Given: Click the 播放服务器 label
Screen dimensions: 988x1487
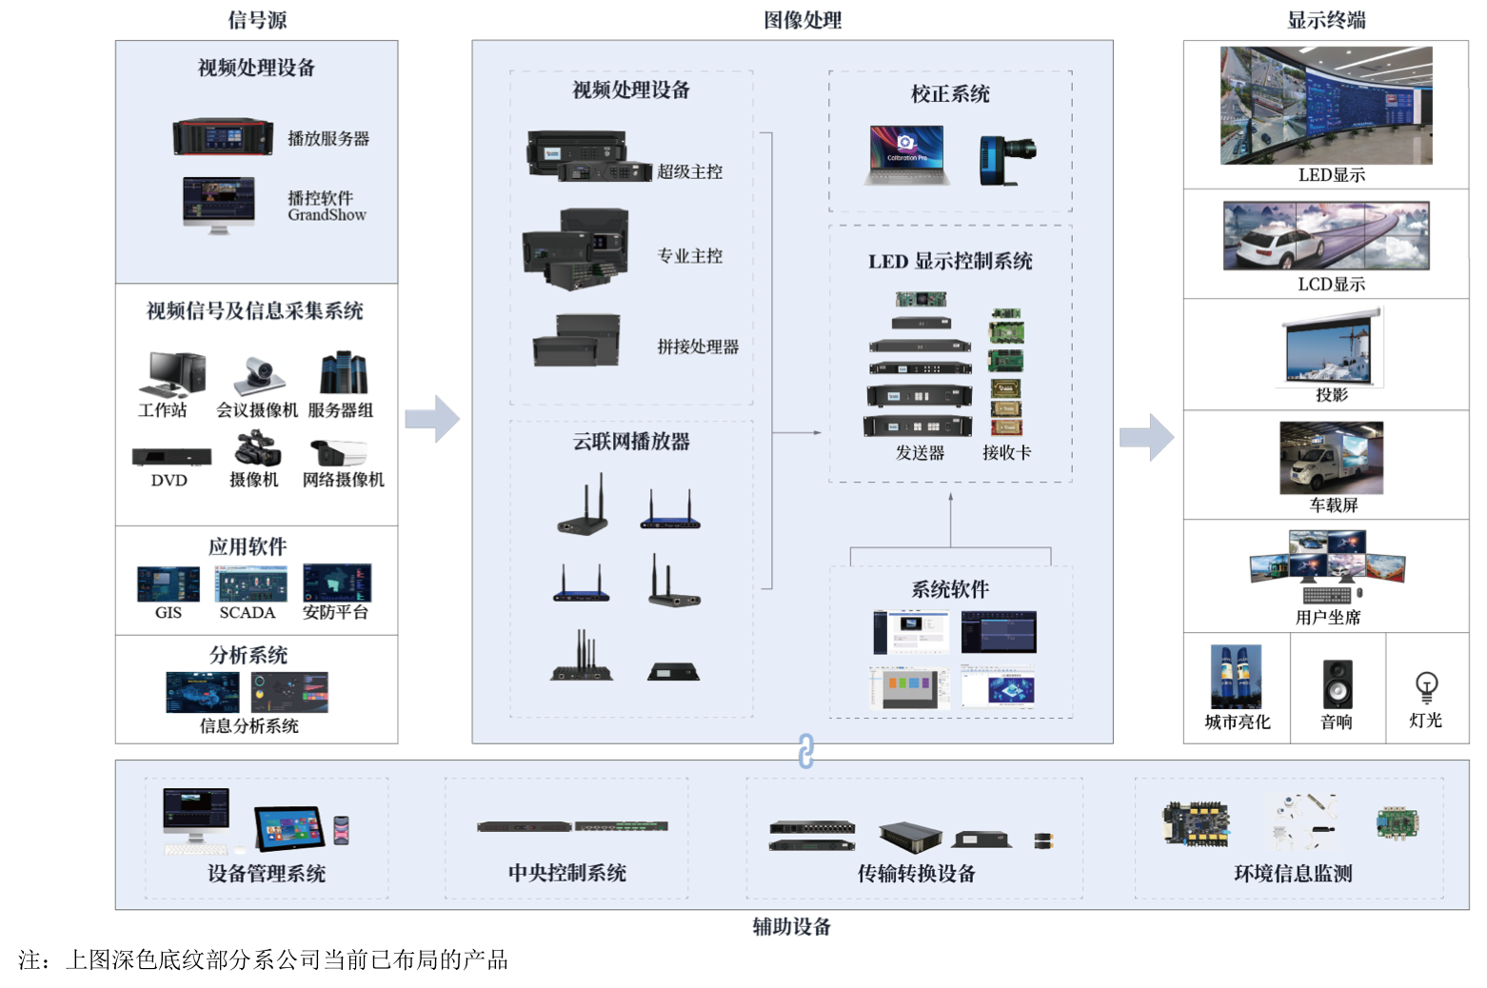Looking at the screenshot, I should (328, 139).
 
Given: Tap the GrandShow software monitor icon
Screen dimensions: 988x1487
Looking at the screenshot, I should (219, 204).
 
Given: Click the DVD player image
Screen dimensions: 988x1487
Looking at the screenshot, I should (171, 457).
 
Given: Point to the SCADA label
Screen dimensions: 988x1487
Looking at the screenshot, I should (247, 613).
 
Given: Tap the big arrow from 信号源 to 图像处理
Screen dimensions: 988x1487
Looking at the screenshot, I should (432, 419).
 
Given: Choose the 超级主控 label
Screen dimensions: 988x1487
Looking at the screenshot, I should (689, 172).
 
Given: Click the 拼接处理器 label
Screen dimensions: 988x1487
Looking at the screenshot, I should (698, 347).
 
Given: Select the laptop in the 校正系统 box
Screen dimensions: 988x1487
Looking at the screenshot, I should (906, 154).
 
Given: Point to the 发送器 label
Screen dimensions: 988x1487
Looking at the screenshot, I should (920, 453).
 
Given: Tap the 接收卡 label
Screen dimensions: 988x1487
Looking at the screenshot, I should (1006, 453).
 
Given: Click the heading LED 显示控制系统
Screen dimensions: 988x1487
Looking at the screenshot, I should (950, 262).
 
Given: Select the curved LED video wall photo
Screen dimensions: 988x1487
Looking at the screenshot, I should (1326, 106).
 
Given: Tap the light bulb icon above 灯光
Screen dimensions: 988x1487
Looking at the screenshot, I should (1426, 686).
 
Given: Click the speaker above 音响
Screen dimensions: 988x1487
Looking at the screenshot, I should (1337, 684).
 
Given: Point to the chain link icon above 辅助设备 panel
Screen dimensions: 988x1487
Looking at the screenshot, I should (806, 751).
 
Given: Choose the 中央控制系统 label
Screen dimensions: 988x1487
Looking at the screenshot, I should (566, 873).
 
